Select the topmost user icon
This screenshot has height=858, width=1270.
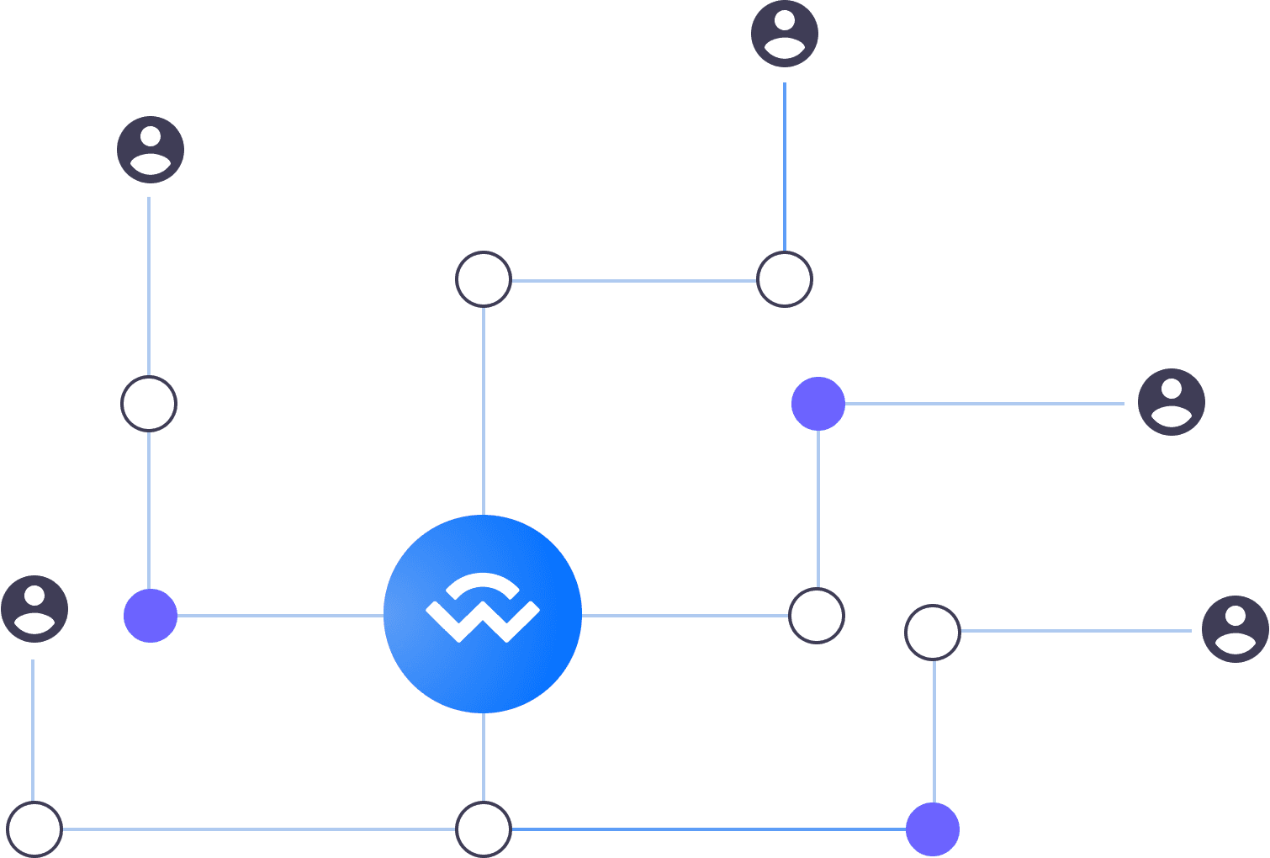click(x=785, y=34)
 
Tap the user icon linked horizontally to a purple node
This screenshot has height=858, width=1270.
click(x=1171, y=402)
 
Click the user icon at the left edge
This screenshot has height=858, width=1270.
click(x=34, y=609)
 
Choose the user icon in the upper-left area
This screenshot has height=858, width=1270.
click(x=151, y=150)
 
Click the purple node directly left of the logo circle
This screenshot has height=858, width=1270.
click(x=151, y=616)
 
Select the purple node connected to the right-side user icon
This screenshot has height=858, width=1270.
click(x=818, y=404)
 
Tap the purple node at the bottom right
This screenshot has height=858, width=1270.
click(x=933, y=829)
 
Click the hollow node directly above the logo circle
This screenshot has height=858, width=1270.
click(x=484, y=279)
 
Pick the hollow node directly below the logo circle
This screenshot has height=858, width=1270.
click(x=484, y=829)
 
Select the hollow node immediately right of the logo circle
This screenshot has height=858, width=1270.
click(x=817, y=616)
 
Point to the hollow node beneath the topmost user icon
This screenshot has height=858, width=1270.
click(x=785, y=279)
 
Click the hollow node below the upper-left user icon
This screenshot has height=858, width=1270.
click(x=149, y=404)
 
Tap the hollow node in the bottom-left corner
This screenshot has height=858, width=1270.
click(x=34, y=829)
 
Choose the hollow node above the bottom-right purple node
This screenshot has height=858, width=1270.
click(x=933, y=632)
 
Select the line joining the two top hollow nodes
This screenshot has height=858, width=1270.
click(x=634, y=280)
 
